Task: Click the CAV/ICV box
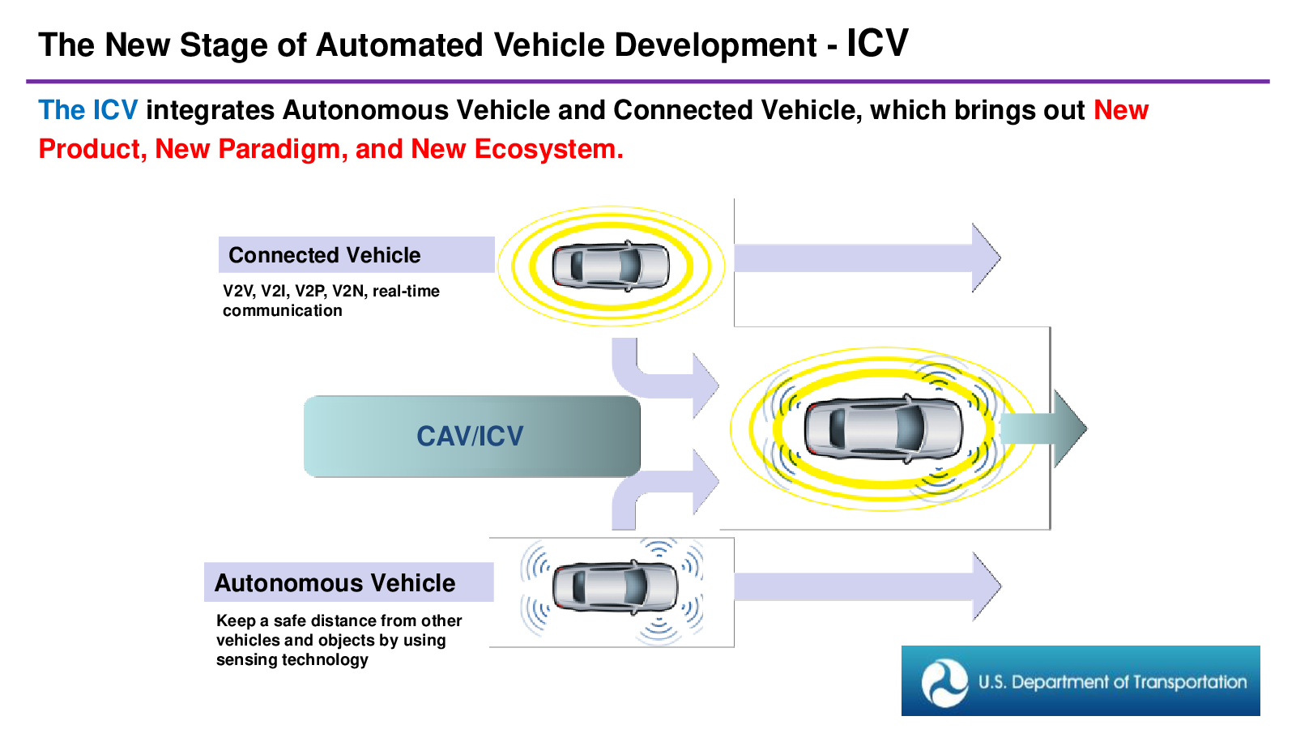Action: click(x=471, y=437)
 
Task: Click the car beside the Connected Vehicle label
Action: click(x=611, y=266)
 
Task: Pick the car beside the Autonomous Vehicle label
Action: click(x=615, y=586)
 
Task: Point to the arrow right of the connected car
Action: click(x=868, y=258)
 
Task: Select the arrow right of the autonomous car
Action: click(x=868, y=586)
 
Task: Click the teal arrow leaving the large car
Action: click(x=1043, y=428)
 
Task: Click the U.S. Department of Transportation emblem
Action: click(x=944, y=682)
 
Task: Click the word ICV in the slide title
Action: click(x=877, y=44)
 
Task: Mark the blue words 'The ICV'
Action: click(x=88, y=110)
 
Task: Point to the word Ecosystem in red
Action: click(x=548, y=149)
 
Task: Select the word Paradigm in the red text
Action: click(x=283, y=149)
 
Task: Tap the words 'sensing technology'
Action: click(x=292, y=660)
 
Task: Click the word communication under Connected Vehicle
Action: click(x=283, y=311)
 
